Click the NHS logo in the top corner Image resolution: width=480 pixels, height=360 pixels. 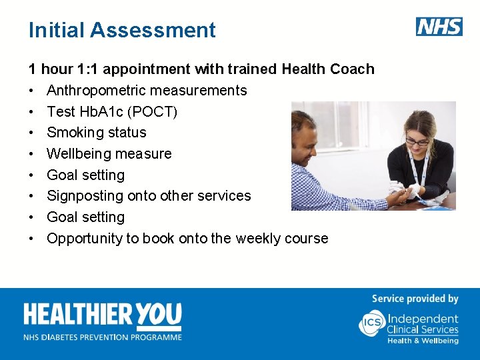[x=439, y=27]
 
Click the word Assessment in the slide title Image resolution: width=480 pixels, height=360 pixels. [x=153, y=30]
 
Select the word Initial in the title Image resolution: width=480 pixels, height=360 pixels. [x=56, y=30]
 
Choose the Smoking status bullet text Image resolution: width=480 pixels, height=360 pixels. [x=96, y=133]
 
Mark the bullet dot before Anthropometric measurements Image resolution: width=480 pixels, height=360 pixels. [x=31, y=91]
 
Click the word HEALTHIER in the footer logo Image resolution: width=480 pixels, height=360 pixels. [x=79, y=315]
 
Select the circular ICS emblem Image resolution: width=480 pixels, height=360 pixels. [x=371, y=323]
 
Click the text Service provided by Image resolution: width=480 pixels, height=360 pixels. [x=415, y=299]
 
